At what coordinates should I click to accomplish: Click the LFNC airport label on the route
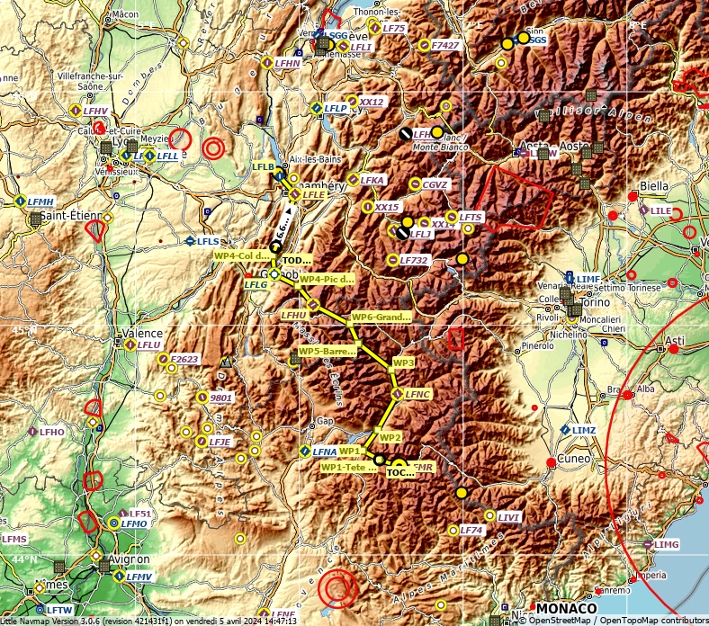click(x=418, y=394)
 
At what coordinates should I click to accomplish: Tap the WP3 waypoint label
click(x=404, y=362)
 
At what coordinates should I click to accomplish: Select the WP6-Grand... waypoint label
click(x=381, y=317)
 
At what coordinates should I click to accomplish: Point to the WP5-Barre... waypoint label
click(x=327, y=351)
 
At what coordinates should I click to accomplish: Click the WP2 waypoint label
click(x=390, y=437)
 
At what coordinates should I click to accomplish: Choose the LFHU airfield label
click(x=293, y=316)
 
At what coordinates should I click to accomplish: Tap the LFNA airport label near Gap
click(x=324, y=451)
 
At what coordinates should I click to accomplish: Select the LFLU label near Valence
click(x=149, y=344)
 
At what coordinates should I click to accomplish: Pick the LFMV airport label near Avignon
click(x=139, y=576)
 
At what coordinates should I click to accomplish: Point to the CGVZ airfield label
click(x=435, y=184)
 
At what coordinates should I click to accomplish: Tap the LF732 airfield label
click(x=414, y=260)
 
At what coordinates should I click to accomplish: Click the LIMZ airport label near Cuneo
click(x=584, y=430)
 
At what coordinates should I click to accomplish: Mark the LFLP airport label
click(x=337, y=108)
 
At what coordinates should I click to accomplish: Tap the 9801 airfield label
click(x=220, y=398)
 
